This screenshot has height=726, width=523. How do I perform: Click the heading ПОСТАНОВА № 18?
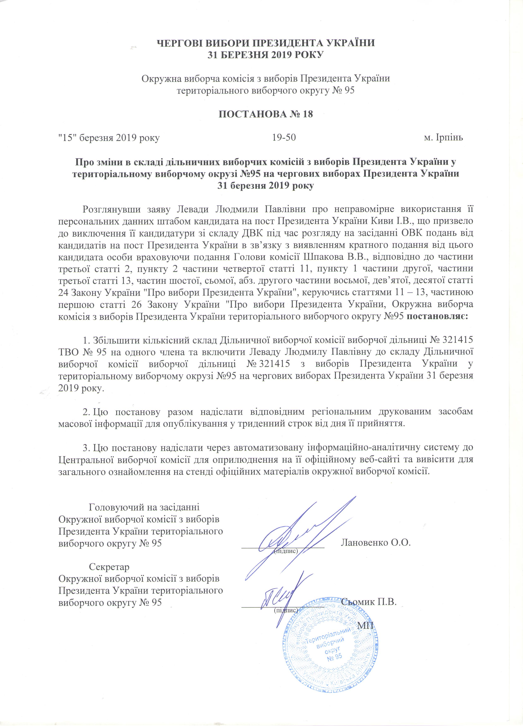point(265,114)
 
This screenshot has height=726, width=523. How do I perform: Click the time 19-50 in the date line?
point(284,138)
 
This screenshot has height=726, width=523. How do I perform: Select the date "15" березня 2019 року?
point(109,138)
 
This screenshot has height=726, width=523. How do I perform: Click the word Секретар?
point(109,567)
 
